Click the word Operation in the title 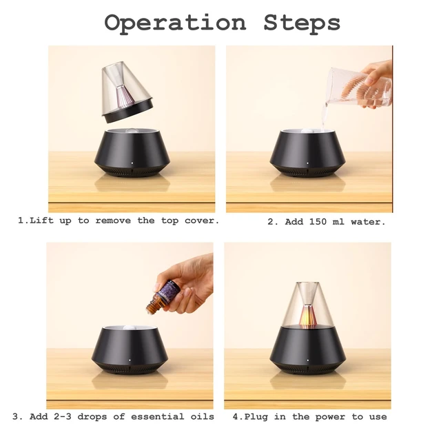tap(175, 23)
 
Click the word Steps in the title tap(302, 23)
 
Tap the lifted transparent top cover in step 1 tap(127, 92)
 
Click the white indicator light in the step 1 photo tap(132, 163)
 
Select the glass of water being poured tap(359, 88)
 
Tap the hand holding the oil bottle tap(186, 284)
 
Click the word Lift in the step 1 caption tap(41, 220)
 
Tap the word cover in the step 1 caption tap(201, 220)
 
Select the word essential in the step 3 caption tap(157, 416)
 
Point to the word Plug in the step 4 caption tap(256, 417)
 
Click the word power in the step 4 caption tap(330, 417)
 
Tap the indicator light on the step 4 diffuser tap(308, 360)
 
